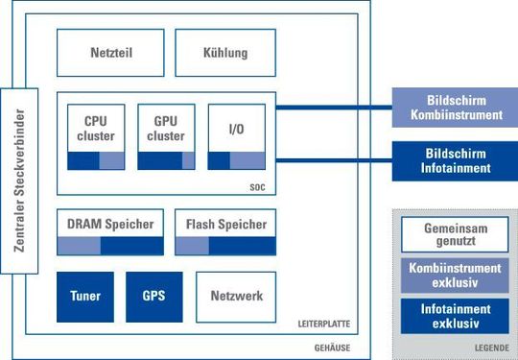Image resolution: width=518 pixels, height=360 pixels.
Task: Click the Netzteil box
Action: coord(111,53)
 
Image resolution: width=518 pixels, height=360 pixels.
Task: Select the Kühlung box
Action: coord(225,53)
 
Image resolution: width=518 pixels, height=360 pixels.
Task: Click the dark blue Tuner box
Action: coord(85,297)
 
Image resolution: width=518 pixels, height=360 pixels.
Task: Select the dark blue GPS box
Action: coord(153,297)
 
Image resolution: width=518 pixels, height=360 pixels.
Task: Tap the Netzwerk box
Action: coord(236,297)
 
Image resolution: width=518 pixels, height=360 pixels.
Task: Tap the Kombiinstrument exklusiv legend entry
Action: coord(449,276)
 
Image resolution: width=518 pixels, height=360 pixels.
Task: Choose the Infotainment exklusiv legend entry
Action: coord(449,316)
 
